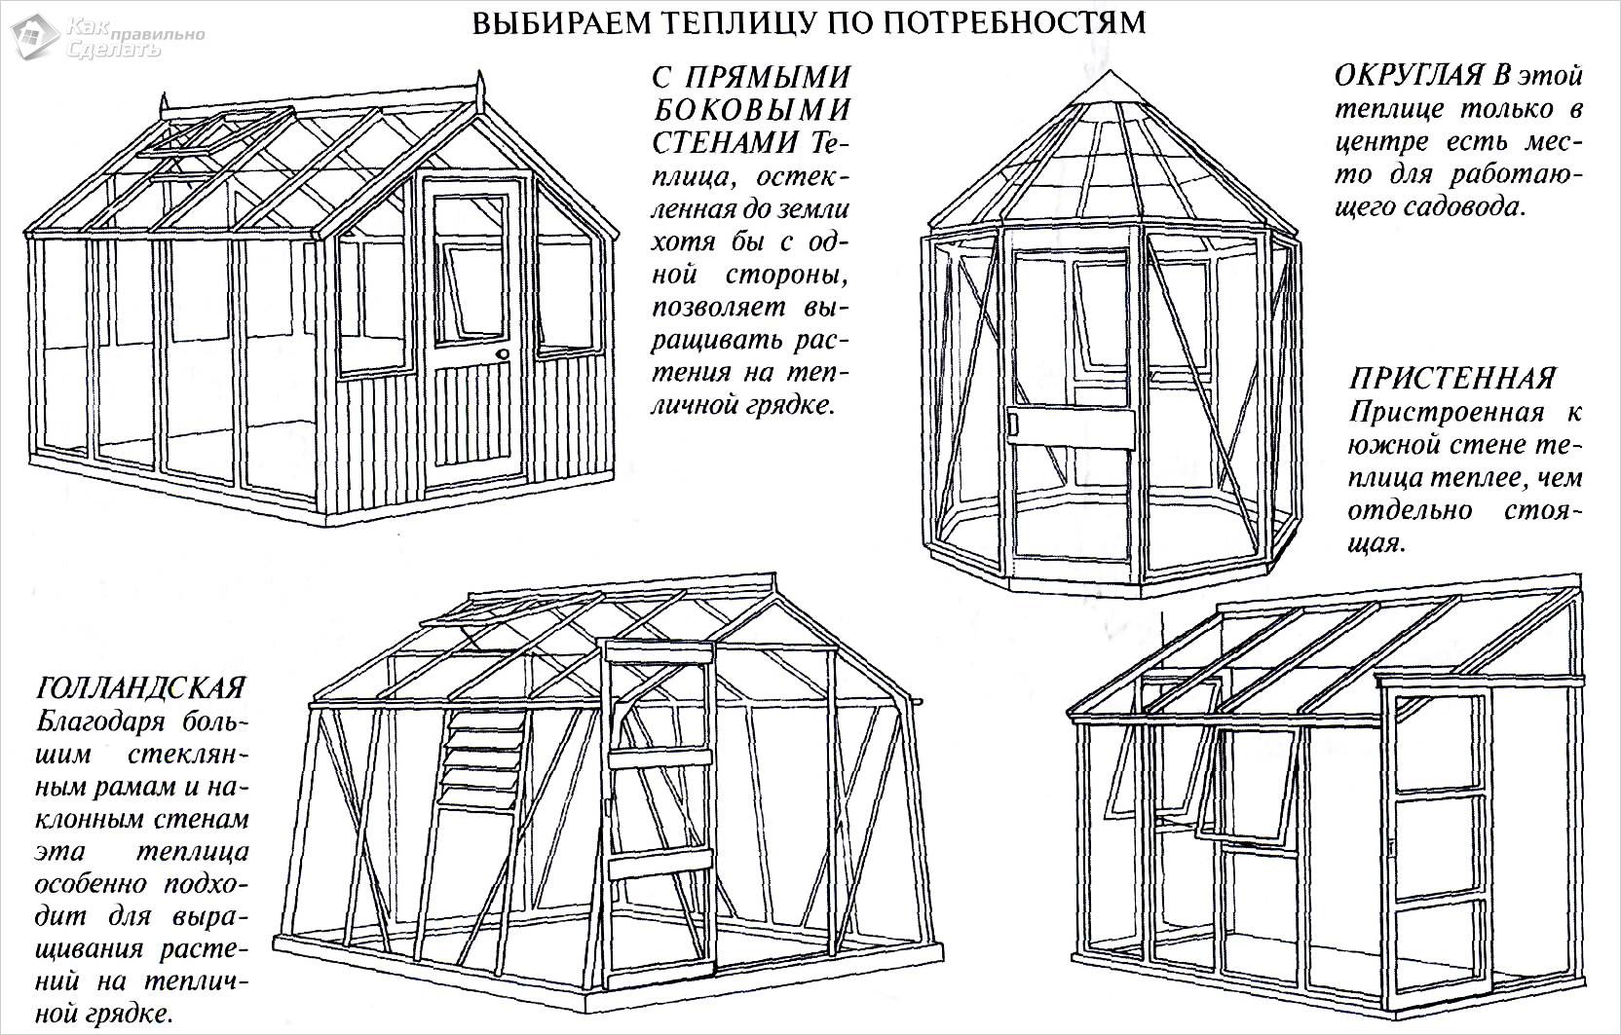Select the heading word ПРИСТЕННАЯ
pyautogui.click(x=1452, y=377)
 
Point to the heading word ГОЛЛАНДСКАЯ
pyautogui.click(x=140, y=688)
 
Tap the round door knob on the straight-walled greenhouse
pyautogui.click(x=504, y=356)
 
